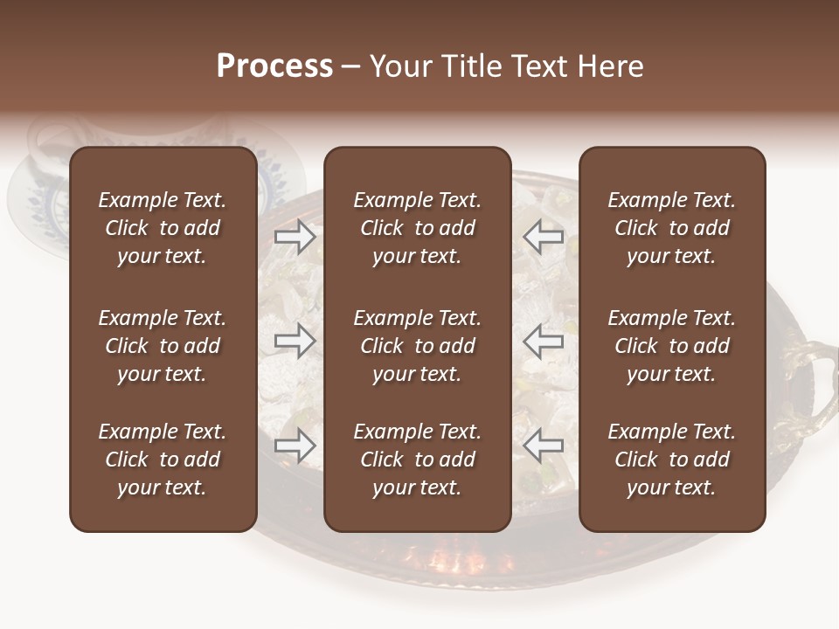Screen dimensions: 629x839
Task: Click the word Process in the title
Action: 274,66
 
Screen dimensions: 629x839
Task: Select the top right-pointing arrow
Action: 295,237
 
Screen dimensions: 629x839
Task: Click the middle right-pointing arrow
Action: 295,342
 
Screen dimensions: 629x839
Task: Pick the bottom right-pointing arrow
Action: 295,446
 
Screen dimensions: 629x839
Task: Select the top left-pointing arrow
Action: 544,237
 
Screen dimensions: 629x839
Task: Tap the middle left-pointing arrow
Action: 544,342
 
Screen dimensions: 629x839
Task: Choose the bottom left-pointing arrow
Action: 544,446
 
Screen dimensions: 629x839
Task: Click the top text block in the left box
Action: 163,228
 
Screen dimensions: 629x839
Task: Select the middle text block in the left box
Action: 163,346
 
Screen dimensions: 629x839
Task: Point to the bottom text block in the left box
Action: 163,460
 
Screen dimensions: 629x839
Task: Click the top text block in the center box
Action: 417,228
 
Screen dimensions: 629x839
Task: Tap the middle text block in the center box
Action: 417,346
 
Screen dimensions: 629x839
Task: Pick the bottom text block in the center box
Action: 417,460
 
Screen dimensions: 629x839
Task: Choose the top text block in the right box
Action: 671,228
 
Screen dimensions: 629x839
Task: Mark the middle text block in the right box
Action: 671,346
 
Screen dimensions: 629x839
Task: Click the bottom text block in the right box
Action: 671,460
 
